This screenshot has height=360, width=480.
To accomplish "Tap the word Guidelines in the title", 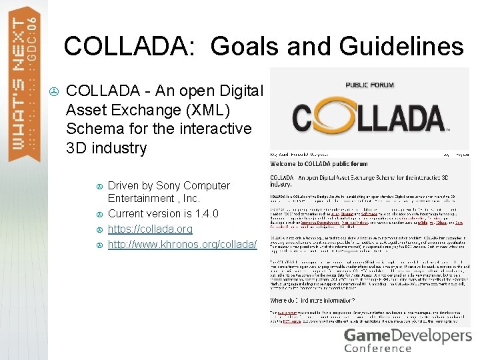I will (x=401, y=46).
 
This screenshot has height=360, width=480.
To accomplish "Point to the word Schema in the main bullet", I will (x=94, y=128).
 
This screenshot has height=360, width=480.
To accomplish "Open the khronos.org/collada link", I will (x=182, y=244).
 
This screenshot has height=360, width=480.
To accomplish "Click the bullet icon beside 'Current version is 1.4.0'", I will (x=99, y=214).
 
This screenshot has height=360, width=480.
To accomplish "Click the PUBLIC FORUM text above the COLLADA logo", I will (x=369, y=85).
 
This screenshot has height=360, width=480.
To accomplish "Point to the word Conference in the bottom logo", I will (x=377, y=348).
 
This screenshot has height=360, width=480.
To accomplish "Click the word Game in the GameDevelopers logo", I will (x=363, y=335).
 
